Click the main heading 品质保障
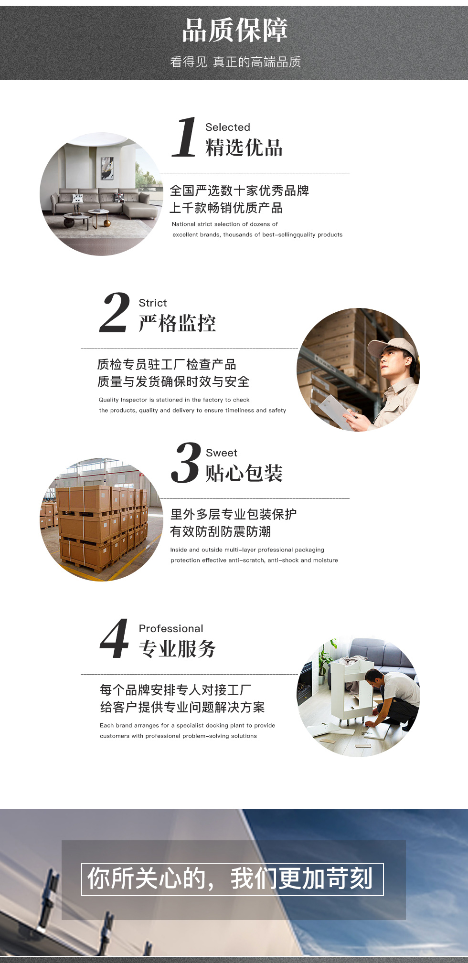pyautogui.click(x=234, y=30)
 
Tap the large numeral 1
pyautogui.click(x=184, y=137)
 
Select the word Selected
pyautogui.click(x=228, y=127)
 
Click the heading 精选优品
pyautogui.click(x=244, y=148)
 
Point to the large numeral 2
pyautogui.click(x=115, y=313)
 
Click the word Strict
pyautogui.click(x=153, y=303)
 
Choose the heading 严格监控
pyautogui.click(x=177, y=323)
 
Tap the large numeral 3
pyautogui.click(x=186, y=463)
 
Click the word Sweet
pyautogui.click(x=222, y=453)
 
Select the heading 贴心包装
pyautogui.click(x=244, y=473)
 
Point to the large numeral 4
pyautogui.click(x=115, y=638)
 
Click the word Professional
pyautogui.click(x=171, y=628)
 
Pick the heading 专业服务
pyautogui.click(x=177, y=649)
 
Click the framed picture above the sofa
pyautogui.click(x=107, y=169)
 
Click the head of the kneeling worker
pyautogui.click(x=374, y=677)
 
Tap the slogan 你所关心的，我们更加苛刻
pyautogui.click(x=231, y=879)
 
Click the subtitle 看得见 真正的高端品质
pyautogui.click(x=235, y=62)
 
